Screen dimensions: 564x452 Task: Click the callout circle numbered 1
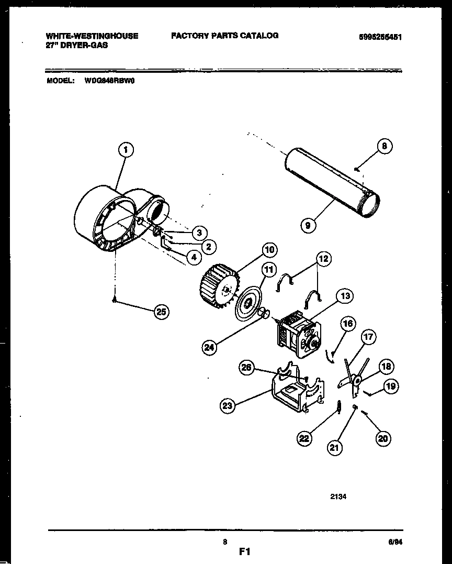125,151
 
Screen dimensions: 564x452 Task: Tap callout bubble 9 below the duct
309,226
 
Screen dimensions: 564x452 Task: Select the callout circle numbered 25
161,312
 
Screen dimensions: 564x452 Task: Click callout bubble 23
228,405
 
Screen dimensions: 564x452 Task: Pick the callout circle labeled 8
384,147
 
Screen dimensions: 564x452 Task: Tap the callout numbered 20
383,439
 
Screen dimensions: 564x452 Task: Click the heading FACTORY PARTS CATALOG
224,36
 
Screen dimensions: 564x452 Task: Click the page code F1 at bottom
245,551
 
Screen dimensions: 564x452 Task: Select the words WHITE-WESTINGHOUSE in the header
92,36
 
